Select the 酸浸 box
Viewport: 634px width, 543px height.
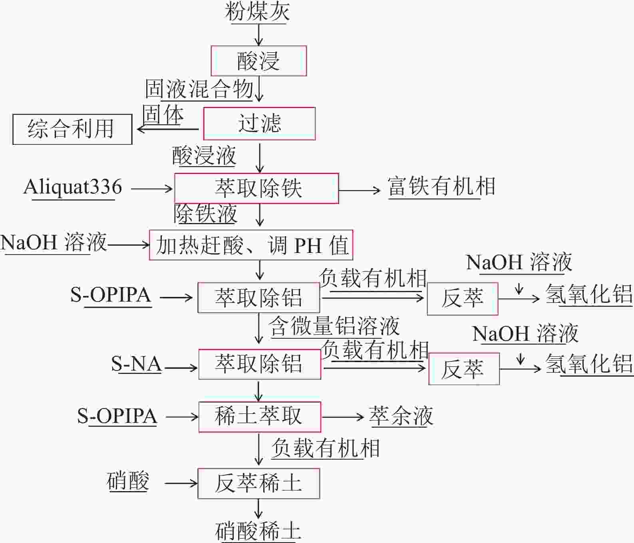tap(258, 61)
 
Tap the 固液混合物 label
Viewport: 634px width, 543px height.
tap(199, 89)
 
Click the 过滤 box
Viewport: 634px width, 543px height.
tap(259, 123)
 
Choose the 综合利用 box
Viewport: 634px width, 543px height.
tap(72, 129)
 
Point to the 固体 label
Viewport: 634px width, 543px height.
tap(163, 115)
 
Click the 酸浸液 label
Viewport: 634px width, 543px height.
tap(204, 156)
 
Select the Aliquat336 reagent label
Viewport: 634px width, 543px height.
tap(73, 187)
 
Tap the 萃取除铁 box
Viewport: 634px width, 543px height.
tap(256, 188)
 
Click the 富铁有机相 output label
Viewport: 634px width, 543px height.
tap(441, 187)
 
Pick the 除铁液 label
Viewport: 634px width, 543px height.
tap(205, 213)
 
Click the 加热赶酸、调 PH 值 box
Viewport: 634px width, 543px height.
tap(251, 245)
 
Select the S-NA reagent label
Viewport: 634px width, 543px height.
tap(136, 364)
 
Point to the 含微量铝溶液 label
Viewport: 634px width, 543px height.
tap(334, 326)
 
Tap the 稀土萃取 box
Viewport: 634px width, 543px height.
tap(260, 417)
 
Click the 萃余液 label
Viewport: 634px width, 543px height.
tap(401, 416)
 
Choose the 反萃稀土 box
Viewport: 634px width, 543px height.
tap(259, 483)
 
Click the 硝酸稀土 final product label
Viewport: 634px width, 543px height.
tap(258, 531)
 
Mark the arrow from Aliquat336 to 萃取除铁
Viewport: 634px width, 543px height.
tap(152, 188)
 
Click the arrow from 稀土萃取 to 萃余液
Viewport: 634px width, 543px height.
tap(343, 417)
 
